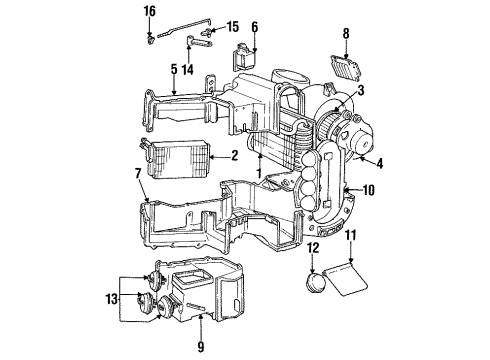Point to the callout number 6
pyautogui.click(x=254, y=27)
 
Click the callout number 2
pyautogui.click(x=234, y=155)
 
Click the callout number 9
pyautogui.click(x=200, y=346)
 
